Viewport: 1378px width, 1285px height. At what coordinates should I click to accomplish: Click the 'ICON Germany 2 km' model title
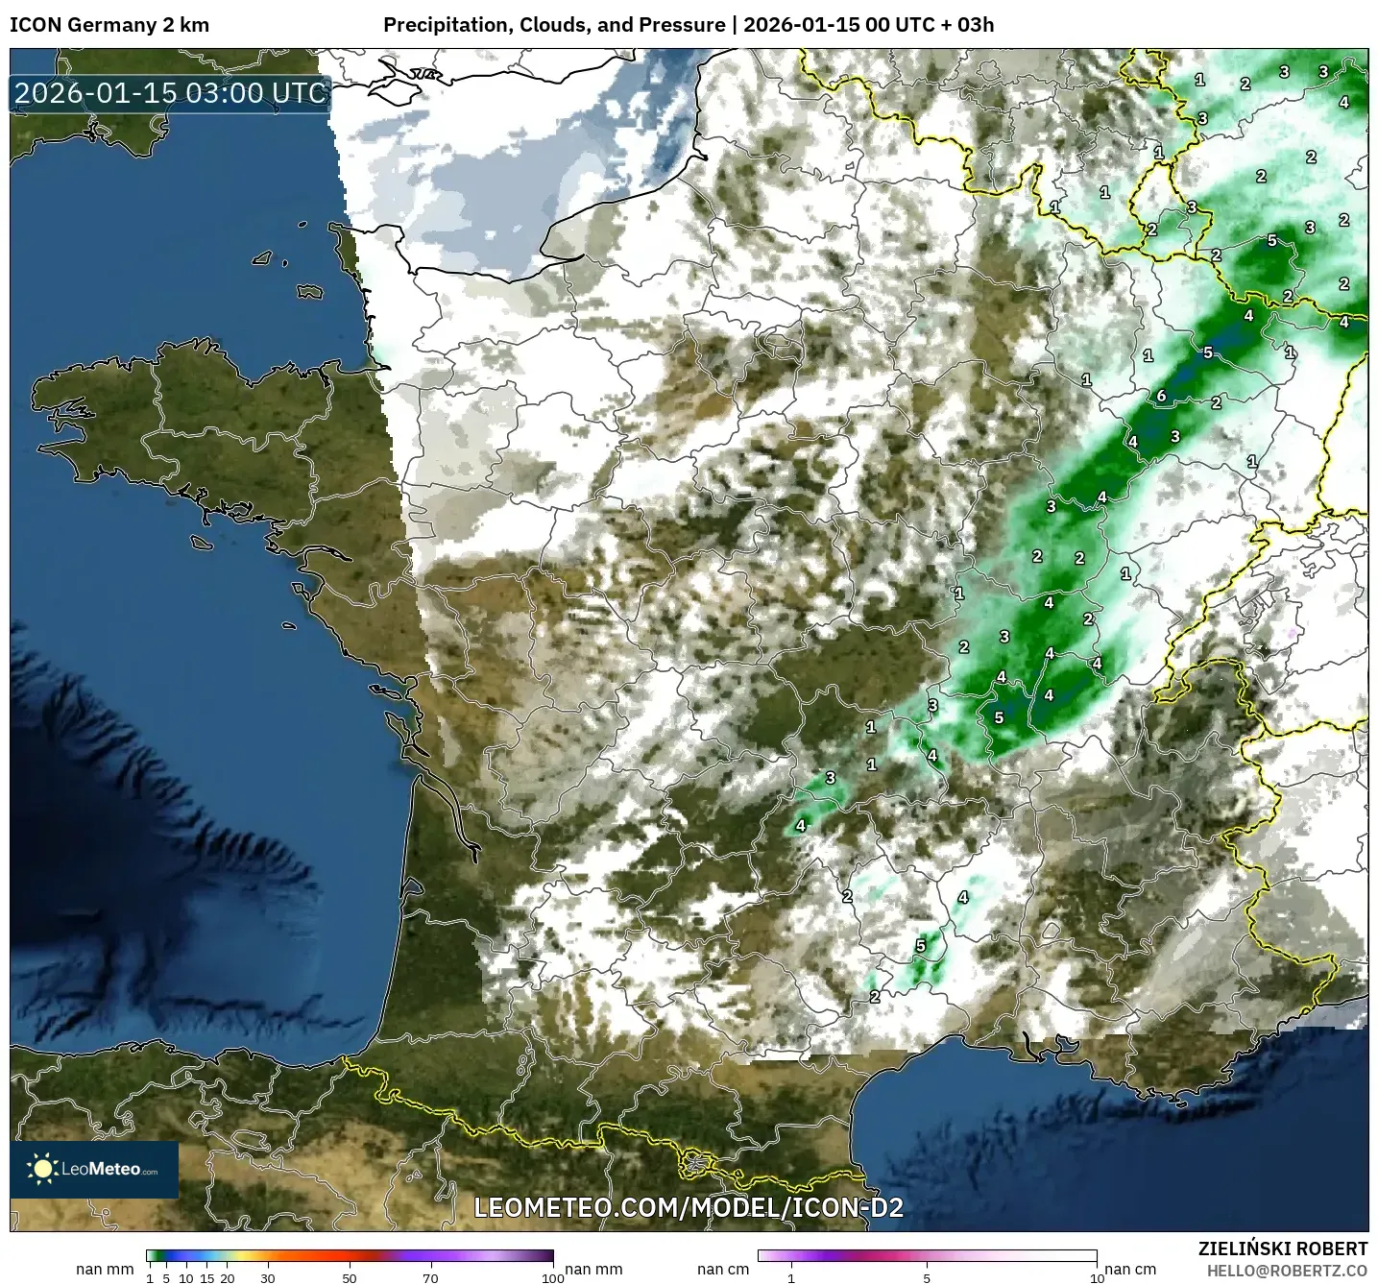click(x=109, y=25)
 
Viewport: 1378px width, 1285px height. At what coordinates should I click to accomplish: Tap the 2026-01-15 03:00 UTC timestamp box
click(x=171, y=93)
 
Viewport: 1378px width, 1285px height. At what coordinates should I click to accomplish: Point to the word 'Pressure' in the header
click(x=684, y=25)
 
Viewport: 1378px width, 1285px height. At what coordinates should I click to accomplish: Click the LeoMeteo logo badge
click(x=94, y=1169)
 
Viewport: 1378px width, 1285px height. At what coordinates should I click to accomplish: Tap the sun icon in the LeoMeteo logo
click(x=42, y=1169)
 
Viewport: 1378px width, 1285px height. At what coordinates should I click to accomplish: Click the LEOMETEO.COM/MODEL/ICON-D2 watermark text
click(x=689, y=1207)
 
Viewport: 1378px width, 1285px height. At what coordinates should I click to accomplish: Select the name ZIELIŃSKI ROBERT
click(x=1282, y=1249)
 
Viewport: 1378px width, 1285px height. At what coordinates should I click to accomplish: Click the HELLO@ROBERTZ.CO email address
click(x=1287, y=1271)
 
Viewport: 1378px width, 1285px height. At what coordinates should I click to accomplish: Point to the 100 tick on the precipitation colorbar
click(x=553, y=1277)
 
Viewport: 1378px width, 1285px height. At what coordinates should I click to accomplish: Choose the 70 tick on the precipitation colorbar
click(x=431, y=1277)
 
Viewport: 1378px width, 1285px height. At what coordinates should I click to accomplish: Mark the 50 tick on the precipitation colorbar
click(x=350, y=1277)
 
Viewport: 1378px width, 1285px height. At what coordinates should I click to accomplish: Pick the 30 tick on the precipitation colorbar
click(x=268, y=1277)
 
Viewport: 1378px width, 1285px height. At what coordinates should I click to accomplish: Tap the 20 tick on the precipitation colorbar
click(x=228, y=1277)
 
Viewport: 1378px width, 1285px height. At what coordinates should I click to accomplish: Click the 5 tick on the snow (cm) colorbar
click(x=927, y=1277)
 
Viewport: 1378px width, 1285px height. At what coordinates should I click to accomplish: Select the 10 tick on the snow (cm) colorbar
click(x=1096, y=1277)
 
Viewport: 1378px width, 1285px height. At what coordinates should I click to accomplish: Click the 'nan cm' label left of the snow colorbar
click(x=723, y=1270)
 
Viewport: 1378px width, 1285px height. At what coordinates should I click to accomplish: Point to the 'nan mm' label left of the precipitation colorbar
click(x=105, y=1270)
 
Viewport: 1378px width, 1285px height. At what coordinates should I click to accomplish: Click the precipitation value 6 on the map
click(x=1161, y=396)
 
